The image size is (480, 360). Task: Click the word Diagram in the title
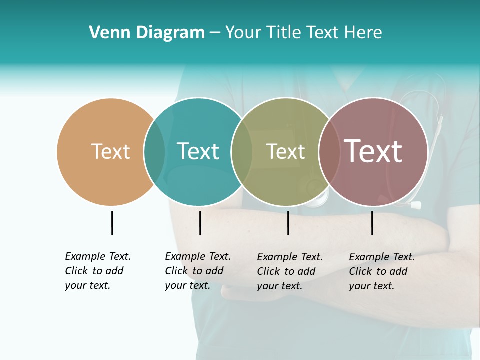point(170,33)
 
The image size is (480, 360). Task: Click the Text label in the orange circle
point(110,151)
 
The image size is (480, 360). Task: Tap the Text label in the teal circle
point(198,151)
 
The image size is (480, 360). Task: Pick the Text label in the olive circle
point(285,151)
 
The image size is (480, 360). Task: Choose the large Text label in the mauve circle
point(373,151)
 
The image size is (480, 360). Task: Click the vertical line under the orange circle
point(112,223)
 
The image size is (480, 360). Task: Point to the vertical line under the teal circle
point(200,223)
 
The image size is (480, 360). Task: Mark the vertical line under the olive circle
point(288,223)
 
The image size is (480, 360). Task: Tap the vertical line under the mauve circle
point(372,223)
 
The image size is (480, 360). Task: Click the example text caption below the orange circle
point(98,271)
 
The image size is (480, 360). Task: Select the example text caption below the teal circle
point(198,271)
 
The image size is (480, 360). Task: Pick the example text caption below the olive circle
point(290,271)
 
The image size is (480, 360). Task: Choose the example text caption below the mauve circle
point(382,271)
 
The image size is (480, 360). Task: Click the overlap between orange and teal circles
point(154,151)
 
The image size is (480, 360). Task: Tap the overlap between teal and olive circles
point(242,151)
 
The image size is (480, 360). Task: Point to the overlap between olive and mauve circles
point(329,151)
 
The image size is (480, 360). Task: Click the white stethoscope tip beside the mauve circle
point(415,205)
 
